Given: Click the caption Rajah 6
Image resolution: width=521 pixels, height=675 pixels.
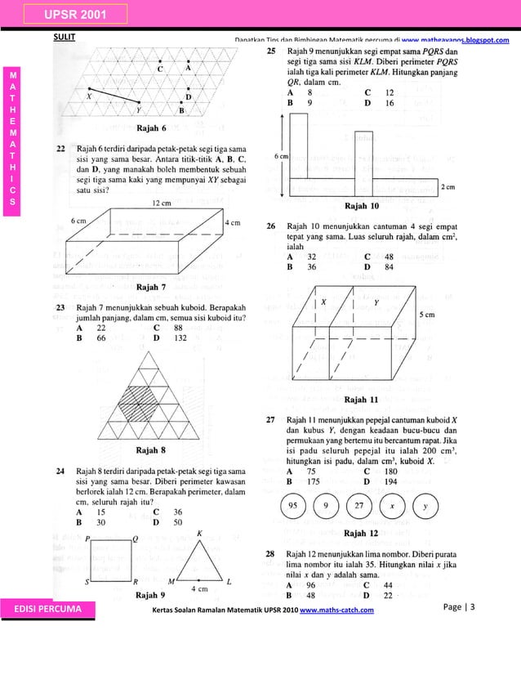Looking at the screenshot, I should tap(152, 128).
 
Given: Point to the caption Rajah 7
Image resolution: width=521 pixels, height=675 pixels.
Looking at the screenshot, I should tap(152, 287).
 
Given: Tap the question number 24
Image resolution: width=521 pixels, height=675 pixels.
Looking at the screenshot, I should tap(60, 472).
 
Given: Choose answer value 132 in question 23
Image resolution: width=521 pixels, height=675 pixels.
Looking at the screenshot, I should tap(181, 337).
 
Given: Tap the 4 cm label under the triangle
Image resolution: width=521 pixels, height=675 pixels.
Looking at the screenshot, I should tap(198, 588).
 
